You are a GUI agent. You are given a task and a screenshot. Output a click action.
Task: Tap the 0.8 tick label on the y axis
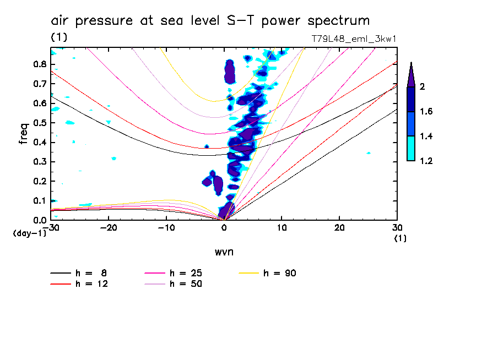point(39,64)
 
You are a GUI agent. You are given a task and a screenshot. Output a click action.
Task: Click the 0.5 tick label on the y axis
point(39,123)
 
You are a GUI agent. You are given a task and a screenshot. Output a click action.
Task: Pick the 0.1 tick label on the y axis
point(39,200)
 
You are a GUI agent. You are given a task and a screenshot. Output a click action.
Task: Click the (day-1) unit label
point(29,233)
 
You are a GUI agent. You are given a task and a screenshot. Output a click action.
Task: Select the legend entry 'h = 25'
point(185,273)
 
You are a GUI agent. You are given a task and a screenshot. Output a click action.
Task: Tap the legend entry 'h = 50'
point(185,284)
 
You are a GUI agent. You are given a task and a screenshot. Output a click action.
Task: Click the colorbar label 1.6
point(426,112)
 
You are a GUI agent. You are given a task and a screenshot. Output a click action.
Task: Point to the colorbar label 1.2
point(426,161)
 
